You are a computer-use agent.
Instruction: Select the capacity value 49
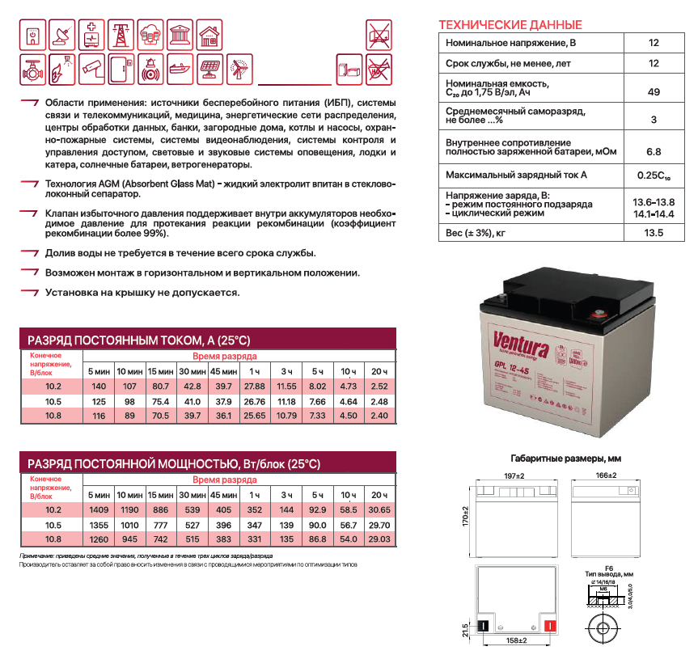click(x=654, y=93)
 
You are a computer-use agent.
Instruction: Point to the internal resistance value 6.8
click(x=654, y=151)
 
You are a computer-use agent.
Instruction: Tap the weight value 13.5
click(x=654, y=234)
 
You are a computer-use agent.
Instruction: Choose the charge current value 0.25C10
click(x=654, y=175)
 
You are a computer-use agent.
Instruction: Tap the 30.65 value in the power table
click(x=379, y=510)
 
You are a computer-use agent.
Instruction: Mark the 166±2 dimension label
click(x=606, y=475)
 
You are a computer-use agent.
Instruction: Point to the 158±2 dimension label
click(x=516, y=641)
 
